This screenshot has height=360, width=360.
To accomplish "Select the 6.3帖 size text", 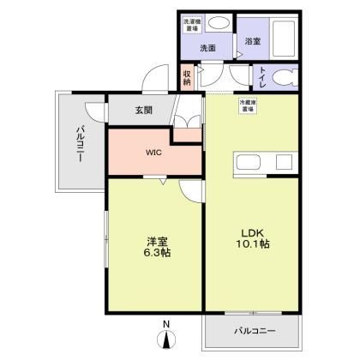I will pos(155,255).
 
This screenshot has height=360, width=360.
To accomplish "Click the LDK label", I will pos(251,232).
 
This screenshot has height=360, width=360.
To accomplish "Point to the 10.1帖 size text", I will pos(251,246).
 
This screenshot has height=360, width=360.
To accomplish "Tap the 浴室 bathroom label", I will pos(253,40).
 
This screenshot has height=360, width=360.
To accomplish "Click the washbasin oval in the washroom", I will pos(219,24).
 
